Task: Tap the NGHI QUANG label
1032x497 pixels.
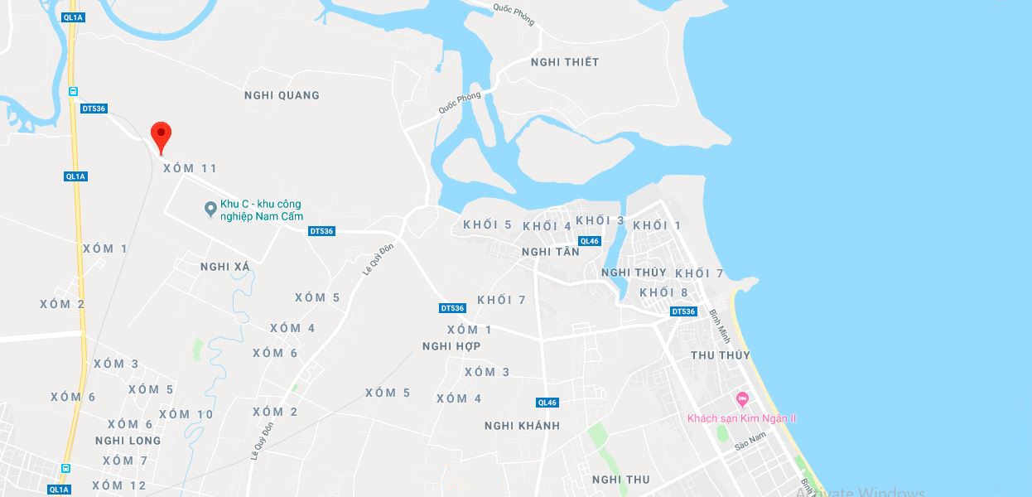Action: point(282,95)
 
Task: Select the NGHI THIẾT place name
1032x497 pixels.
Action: point(565,62)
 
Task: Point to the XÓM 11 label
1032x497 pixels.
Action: point(190,168)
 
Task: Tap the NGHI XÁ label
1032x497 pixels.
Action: point(225,267)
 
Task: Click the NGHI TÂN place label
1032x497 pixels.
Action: point(551,252)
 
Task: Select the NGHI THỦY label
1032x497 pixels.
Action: point(634,273)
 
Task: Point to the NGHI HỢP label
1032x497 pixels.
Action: point(451,346)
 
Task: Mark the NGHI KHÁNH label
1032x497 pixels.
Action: point(522,426)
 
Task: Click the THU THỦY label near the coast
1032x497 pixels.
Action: point(721,355)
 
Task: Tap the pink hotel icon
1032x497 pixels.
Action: point(742,400)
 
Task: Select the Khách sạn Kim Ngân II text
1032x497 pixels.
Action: point(742,418)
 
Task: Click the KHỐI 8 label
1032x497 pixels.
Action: point(663,292)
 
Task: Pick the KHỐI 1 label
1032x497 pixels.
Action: point(657,225)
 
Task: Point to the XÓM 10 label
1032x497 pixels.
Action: point(186,414)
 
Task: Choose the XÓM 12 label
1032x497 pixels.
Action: point(119,485)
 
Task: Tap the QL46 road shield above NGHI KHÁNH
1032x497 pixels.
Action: point(547,403)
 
